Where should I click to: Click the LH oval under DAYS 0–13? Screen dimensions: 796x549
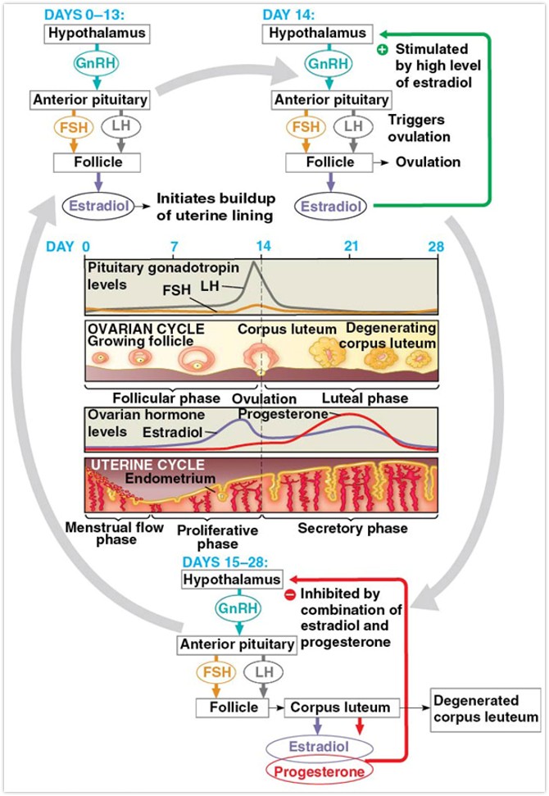point(121,127)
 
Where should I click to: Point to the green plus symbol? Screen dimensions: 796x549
point(382,50)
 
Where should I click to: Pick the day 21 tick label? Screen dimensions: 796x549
point(351,246)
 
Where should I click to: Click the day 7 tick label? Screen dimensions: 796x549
point(173,246)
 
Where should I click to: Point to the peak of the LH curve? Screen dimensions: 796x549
point(255,262)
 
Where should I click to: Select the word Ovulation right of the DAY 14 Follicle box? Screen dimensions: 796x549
point(428,161)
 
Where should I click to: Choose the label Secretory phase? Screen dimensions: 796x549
point(352,529)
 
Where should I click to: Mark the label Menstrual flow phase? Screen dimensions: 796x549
point(107,534)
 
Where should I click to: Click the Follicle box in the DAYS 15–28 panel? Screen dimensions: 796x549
point(227,707)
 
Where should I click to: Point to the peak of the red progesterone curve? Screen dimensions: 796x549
point(351,416)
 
